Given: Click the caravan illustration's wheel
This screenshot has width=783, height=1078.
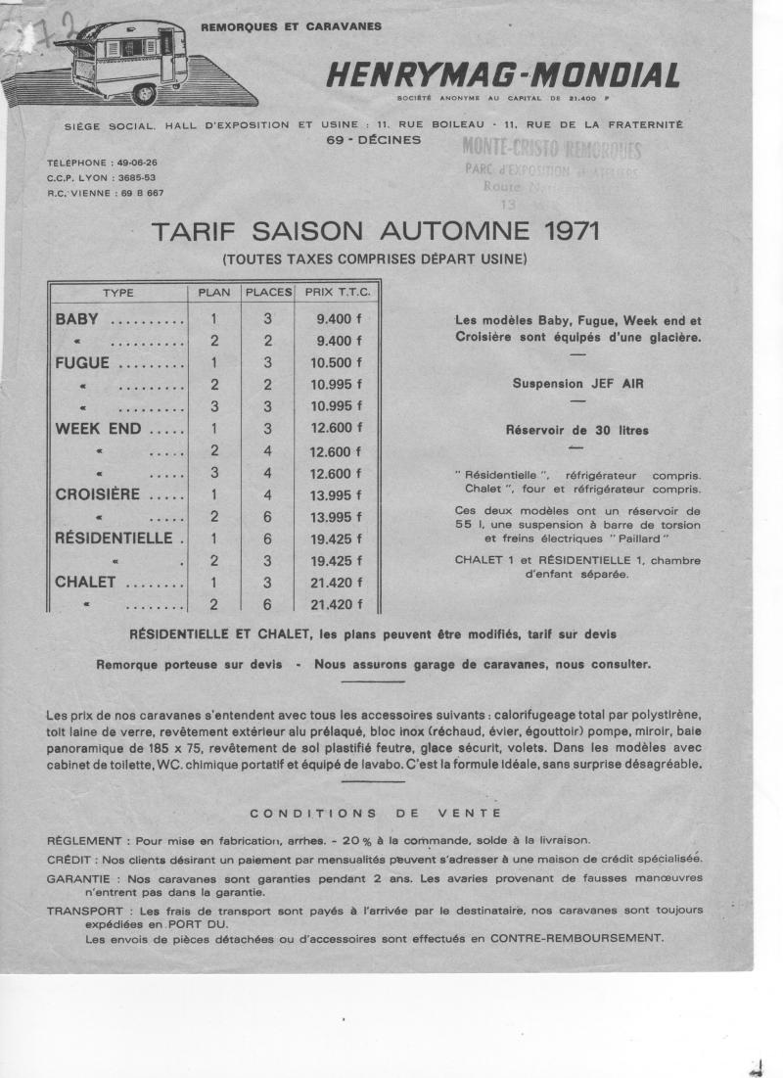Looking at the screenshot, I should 144,93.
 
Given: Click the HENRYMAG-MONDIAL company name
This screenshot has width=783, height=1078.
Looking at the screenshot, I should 503,76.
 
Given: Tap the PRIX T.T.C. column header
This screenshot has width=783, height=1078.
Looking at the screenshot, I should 333,292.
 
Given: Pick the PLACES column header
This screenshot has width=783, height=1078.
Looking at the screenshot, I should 268,292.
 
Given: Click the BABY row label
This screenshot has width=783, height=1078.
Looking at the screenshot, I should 77,318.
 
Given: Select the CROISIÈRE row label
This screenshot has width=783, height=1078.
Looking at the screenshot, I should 98,494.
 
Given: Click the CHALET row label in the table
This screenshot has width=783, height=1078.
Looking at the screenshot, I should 86,583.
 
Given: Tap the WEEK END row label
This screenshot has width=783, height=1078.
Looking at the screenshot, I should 98,429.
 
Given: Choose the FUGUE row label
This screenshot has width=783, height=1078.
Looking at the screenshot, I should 82,362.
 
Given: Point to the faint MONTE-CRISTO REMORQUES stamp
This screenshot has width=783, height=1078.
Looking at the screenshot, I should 552,150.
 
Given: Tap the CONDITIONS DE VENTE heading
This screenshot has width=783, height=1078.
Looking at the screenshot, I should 376,813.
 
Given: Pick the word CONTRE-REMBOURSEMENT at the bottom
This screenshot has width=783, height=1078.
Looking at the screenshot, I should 576,938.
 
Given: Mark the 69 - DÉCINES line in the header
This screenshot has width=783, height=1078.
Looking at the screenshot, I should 374,140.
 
